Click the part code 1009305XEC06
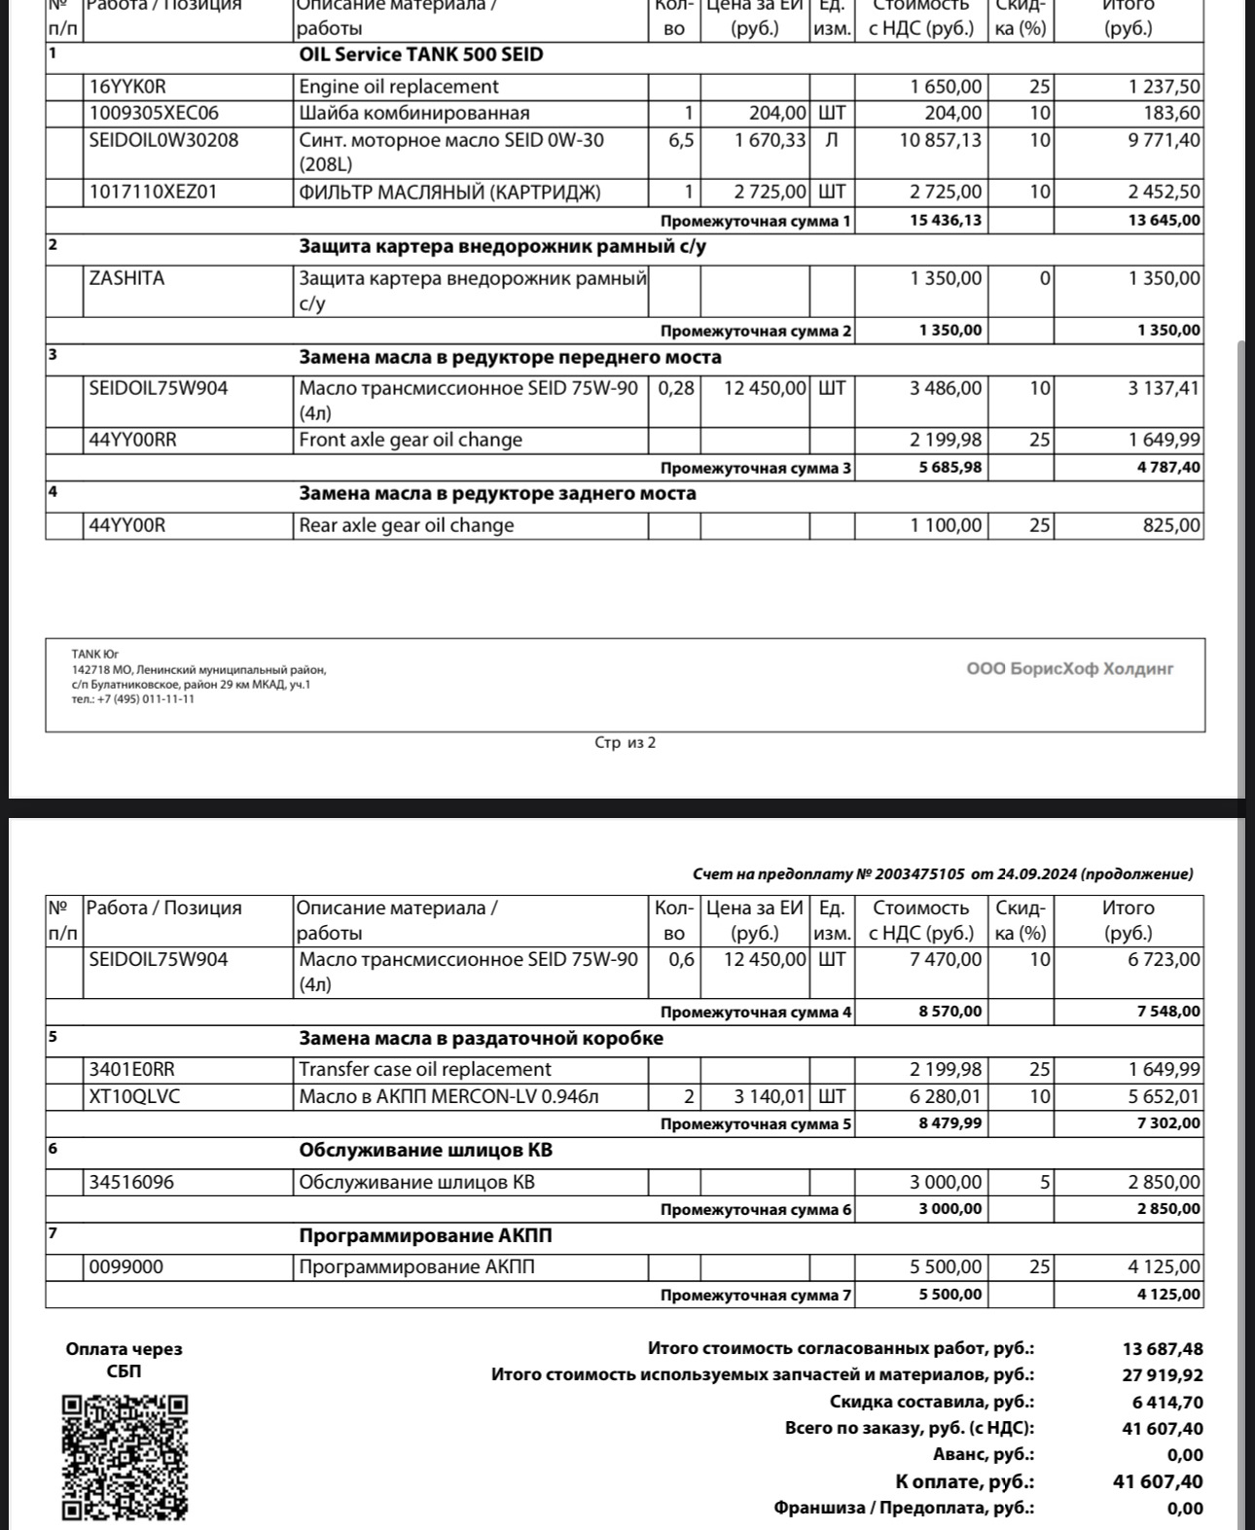154,114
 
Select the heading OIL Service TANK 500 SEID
420,55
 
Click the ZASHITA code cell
126,279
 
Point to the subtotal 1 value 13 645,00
1164,221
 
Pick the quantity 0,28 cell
676,389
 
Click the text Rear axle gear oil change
407,526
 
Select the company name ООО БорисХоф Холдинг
1069,669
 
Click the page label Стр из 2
625,743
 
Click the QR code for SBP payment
125,1456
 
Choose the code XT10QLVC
134,1097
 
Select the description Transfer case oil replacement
425,1070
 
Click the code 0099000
126,1267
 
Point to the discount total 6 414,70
1167,1403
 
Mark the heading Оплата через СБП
124,1360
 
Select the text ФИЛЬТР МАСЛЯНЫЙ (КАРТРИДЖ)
449,193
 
